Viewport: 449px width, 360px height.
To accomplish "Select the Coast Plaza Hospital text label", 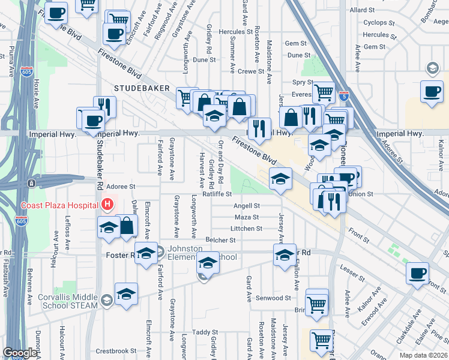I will tap(59, 205).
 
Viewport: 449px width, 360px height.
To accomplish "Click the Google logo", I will tap(20, 353).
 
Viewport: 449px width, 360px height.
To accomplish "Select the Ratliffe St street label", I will tap(217, 194).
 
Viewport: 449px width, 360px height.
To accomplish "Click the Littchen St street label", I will tap(247, 229).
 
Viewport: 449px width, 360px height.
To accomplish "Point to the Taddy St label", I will tap(204, 332).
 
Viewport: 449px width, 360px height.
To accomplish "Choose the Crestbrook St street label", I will tap(116, 350).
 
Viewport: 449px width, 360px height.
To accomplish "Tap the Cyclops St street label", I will tap(379, 23).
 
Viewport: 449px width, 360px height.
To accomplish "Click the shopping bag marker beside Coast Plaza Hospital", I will tap(127, 226).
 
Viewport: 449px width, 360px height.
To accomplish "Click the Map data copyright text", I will tap(423, 355).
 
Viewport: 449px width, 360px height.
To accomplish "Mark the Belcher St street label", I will tap(220, 240).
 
